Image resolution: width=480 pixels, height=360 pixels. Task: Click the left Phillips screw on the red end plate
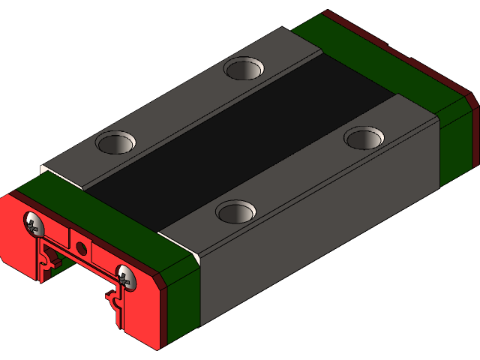pos(34,223)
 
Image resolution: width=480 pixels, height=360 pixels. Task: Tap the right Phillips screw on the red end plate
pos(125,277)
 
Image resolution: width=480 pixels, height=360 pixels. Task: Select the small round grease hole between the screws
pos(82,247)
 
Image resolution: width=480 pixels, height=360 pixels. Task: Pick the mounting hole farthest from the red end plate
pos(244,69)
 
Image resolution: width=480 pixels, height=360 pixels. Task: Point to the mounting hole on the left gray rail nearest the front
pos(115,142)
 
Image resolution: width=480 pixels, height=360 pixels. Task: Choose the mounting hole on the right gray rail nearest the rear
pos(364,138)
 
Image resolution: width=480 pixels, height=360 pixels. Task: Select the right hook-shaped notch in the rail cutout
pos(115,304)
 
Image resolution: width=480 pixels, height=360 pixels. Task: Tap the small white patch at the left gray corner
pos(45,168)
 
